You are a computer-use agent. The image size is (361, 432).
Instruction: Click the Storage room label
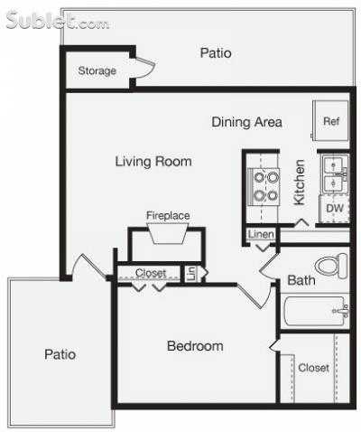[x=97, y=70]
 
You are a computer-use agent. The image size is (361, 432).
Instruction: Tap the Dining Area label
[x=247, y=122]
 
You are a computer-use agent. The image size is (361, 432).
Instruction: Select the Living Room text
[x=153, y=162]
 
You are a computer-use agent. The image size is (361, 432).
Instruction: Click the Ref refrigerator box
[x=331, y=121]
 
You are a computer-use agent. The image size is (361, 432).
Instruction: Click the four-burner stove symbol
[x=265, y=186]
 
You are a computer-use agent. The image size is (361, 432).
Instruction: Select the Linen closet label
[x=260, y=235]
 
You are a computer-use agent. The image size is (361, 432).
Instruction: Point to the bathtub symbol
[x=316, y=313]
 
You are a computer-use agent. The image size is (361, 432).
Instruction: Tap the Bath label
[x=301, y=281]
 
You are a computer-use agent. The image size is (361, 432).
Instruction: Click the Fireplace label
[x=168, y=215]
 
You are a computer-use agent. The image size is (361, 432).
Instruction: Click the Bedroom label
[x=195, y=346]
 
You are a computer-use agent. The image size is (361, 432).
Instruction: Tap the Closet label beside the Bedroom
[x=313, y=368]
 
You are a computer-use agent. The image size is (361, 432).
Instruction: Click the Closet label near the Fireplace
[x=151, y=273]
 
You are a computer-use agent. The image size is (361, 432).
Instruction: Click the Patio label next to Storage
[x=215, y=53]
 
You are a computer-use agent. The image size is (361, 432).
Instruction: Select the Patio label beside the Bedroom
[x=60, y=354]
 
